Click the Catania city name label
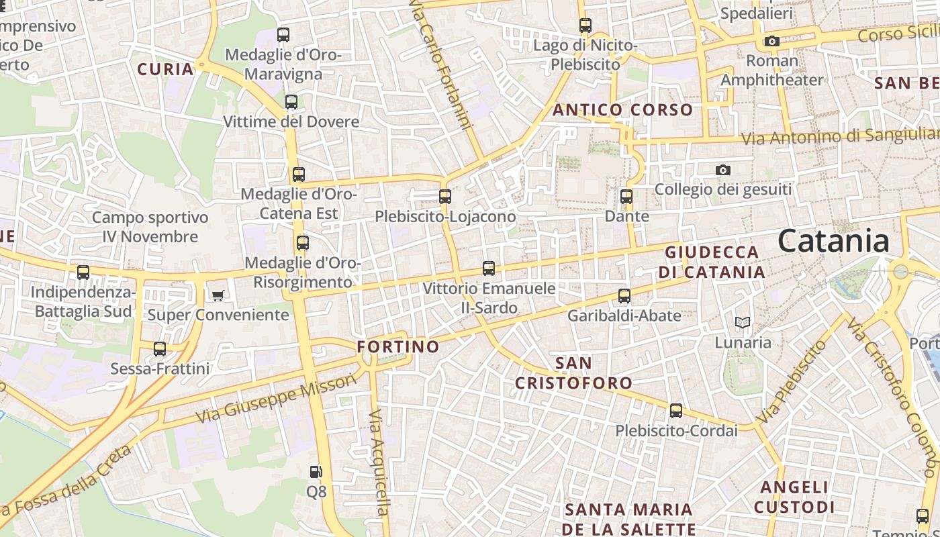point(833,242)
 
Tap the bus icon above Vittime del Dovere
point(291,102)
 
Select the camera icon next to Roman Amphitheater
point(771,42)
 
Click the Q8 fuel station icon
point(316,472)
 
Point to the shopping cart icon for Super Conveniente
point(218,295)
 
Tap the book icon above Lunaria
point(742,323)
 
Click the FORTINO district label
point(398,347)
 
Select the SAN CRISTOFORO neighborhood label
point(573,373)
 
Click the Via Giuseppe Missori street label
point(276,399)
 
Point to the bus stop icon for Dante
point(626,197)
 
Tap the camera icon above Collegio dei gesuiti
point(722,170)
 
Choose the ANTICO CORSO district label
point(622,110)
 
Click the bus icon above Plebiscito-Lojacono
point(444,197)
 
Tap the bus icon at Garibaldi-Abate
point(624,296)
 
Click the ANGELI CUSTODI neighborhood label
point(794,497)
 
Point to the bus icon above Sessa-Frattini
point(160,349)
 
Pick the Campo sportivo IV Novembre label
point(150,227)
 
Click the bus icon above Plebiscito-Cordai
point(676,411)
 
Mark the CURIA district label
point(165,69)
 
